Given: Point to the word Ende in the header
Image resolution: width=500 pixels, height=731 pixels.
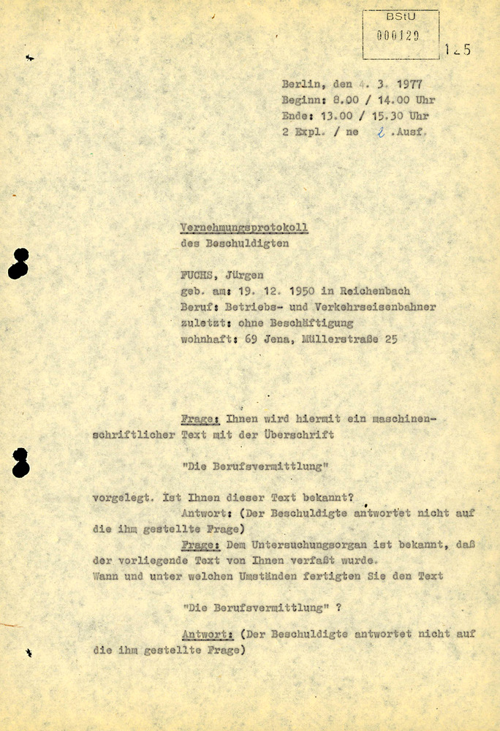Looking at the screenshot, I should tap(295, 116).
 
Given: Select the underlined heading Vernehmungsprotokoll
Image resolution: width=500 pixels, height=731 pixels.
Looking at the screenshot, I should tap(244, 227).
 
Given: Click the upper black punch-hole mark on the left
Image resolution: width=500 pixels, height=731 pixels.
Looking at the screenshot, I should tap(19, 263).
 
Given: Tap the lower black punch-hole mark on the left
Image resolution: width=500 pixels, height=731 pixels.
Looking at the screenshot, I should tap(20, 463).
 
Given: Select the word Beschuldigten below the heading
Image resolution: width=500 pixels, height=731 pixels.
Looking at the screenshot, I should tap(245, 243).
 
